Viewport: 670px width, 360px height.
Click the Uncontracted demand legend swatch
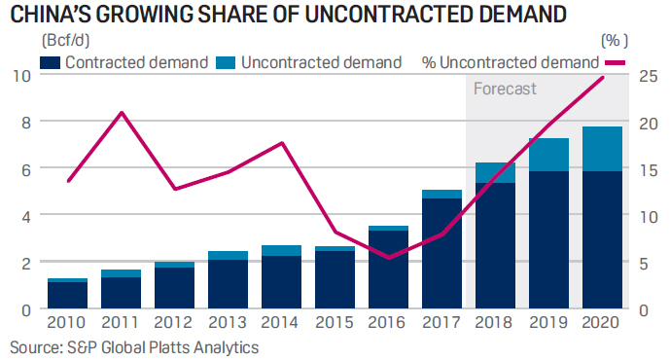coord(227,62)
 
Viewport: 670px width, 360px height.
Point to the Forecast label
coord(505,89)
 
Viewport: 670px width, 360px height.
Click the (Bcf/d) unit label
coord(63,41)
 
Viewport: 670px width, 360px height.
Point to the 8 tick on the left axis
coord(18,122)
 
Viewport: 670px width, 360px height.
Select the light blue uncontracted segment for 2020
coord(600,149)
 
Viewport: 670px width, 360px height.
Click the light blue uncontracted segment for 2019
coord(547,155)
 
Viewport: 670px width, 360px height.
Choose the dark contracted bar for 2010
coord(68,295)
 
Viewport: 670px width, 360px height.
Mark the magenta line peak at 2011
coord(121,113)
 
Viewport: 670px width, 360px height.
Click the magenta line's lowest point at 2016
coord(388,258)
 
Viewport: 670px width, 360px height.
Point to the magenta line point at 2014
coord(281,143)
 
